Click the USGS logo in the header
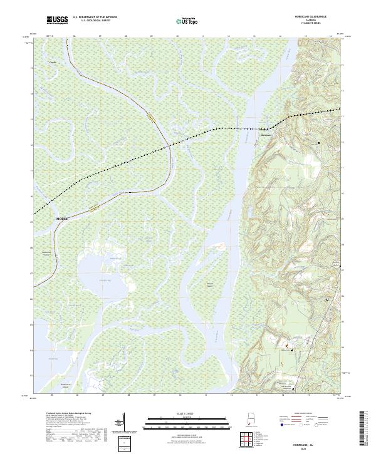pos(58,21)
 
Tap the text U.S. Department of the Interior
pos(93,18)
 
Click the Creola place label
pos(53,63)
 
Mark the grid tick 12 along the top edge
pos(229,37)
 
